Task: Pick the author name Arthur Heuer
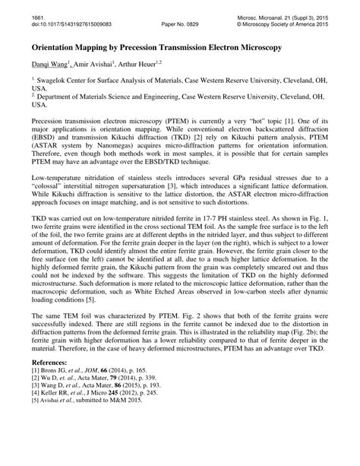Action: (x=147, y=67)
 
